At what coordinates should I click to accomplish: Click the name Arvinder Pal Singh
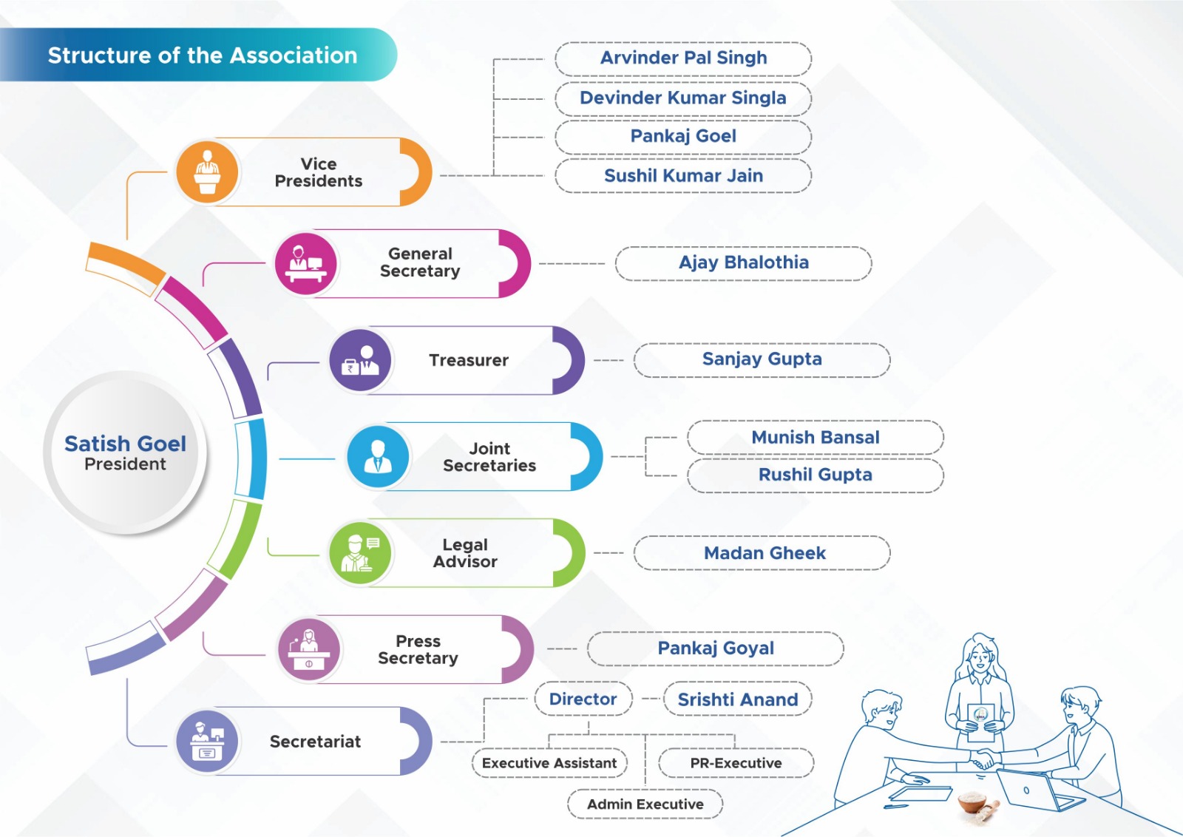683,58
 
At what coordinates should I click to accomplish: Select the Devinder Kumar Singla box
683,98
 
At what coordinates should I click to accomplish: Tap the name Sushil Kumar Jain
683,176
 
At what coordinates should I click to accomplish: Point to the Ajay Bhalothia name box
743,263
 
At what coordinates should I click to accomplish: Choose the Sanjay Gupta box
762,360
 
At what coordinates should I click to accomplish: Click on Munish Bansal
815,438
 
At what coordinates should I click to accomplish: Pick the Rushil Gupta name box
815,475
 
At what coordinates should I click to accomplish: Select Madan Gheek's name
764,553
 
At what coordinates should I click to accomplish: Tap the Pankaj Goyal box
716,649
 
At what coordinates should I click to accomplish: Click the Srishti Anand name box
737,699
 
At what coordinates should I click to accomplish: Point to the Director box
583,699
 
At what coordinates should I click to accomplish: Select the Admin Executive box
645,804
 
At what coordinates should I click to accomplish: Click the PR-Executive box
736,763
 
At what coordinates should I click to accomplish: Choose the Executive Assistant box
549,763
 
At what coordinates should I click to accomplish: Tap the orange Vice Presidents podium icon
207,172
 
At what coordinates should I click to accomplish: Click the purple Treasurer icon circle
360,360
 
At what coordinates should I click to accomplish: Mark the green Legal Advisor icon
360,553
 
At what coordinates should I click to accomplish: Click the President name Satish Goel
125,444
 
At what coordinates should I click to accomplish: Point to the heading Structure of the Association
202,55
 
